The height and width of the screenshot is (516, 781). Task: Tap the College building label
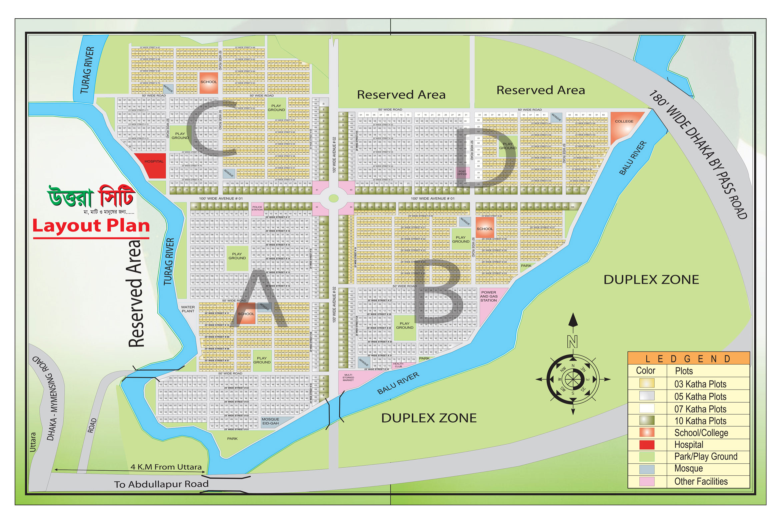pos(624,122)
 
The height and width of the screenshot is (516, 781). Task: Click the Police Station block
pos(257,208)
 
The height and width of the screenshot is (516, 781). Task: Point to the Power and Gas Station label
pos(488,296)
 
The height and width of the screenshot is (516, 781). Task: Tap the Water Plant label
pos(188,309)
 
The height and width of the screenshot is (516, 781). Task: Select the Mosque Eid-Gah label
pos(270,421)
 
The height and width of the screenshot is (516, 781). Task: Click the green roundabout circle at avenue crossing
pos(333,198)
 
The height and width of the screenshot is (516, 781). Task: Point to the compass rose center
pos(573,379)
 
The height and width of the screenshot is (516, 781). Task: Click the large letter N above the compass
pos(572,342)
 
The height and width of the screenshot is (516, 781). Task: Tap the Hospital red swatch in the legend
pos(646,445)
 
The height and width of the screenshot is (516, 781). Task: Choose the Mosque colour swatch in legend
pos(646,469)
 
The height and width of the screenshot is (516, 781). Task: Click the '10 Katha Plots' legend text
pos(700,421)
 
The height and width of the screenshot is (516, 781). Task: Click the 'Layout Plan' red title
pos(91,226)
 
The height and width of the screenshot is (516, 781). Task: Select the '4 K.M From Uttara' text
pos(166,467)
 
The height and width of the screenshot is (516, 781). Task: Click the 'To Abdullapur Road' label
pos(161,484)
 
